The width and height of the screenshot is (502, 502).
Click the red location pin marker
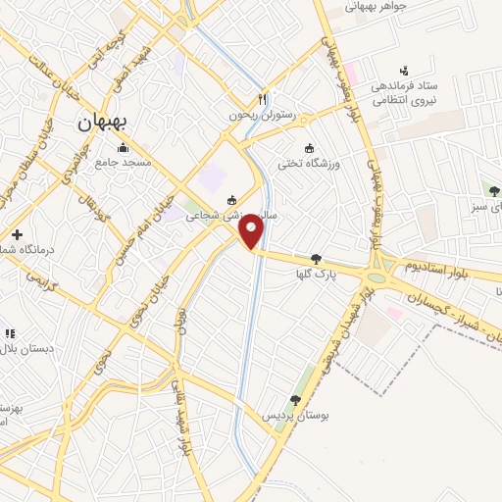(x=252, y=232)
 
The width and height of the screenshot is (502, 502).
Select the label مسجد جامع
(x=124, y=163)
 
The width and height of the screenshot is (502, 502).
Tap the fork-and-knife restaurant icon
(x=262, y=100)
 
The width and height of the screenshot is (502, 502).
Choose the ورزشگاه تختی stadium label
(x=336, y=163)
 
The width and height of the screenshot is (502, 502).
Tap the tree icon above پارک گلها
(x=315, y=260)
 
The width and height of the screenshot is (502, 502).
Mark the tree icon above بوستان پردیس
(x=294, y=399)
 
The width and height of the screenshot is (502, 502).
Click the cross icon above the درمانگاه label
(x=17, y=234)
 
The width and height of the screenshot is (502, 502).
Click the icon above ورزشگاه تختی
(x=311, y=148)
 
